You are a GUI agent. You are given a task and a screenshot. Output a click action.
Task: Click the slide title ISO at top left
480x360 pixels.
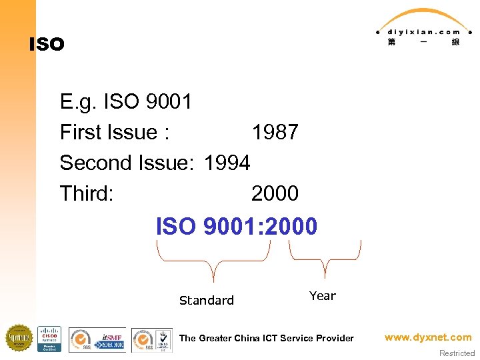point(47,45)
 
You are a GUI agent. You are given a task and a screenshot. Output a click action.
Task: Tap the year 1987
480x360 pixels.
point(275,133)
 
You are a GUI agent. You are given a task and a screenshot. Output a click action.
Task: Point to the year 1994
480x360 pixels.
point(227,163)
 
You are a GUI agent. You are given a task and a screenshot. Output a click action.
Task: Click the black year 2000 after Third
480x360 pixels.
point(275,193)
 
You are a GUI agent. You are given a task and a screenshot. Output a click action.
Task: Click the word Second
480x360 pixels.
point(98,163)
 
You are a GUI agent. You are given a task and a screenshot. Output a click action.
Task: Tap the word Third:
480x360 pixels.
point(87,193)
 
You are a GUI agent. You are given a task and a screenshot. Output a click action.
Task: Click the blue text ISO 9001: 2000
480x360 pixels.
point(237,227)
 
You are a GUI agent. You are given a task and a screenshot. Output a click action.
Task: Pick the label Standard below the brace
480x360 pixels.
point(207,301)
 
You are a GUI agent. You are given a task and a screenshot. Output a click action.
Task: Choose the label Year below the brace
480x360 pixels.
point(323,296)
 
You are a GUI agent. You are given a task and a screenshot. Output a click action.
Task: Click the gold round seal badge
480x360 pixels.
point(19,338)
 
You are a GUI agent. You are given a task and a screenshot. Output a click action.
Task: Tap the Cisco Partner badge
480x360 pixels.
point(49,339)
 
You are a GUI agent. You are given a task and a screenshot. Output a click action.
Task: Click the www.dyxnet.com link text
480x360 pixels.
point(428,337)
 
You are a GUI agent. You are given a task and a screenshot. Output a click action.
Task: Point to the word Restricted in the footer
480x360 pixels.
point(457,353)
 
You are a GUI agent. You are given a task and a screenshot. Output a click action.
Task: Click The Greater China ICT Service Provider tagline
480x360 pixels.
point(267,338)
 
